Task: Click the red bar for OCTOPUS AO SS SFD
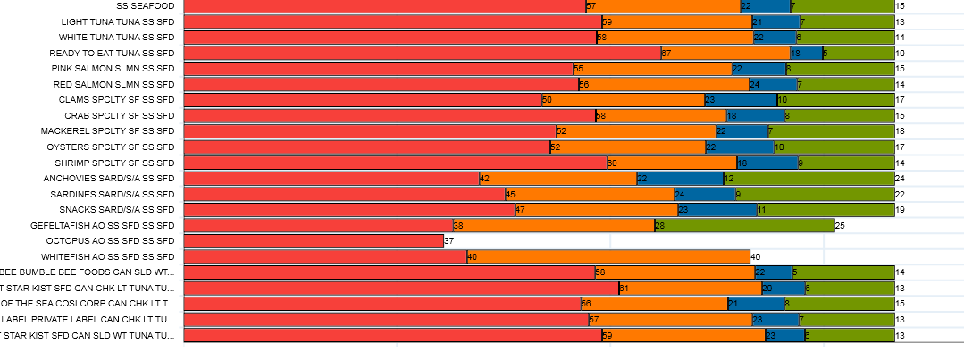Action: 314,241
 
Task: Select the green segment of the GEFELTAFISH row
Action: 744,225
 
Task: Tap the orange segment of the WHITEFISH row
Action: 608,256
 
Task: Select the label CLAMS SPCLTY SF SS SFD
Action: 116,100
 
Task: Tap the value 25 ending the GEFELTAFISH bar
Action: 840,226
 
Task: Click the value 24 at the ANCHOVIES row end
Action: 901,179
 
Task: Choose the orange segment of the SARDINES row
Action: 589,194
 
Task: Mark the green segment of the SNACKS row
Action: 826,210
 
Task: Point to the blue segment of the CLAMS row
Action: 741,100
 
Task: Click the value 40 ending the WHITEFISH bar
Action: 755,257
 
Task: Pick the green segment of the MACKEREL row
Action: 831,131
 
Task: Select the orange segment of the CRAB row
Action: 660,116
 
